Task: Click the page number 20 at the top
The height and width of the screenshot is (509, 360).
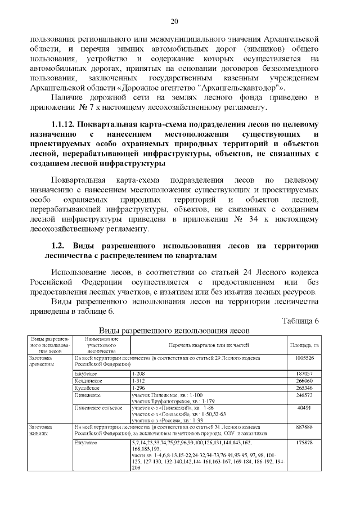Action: [174, 21]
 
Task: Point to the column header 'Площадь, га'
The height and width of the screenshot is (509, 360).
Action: [304, 345]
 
